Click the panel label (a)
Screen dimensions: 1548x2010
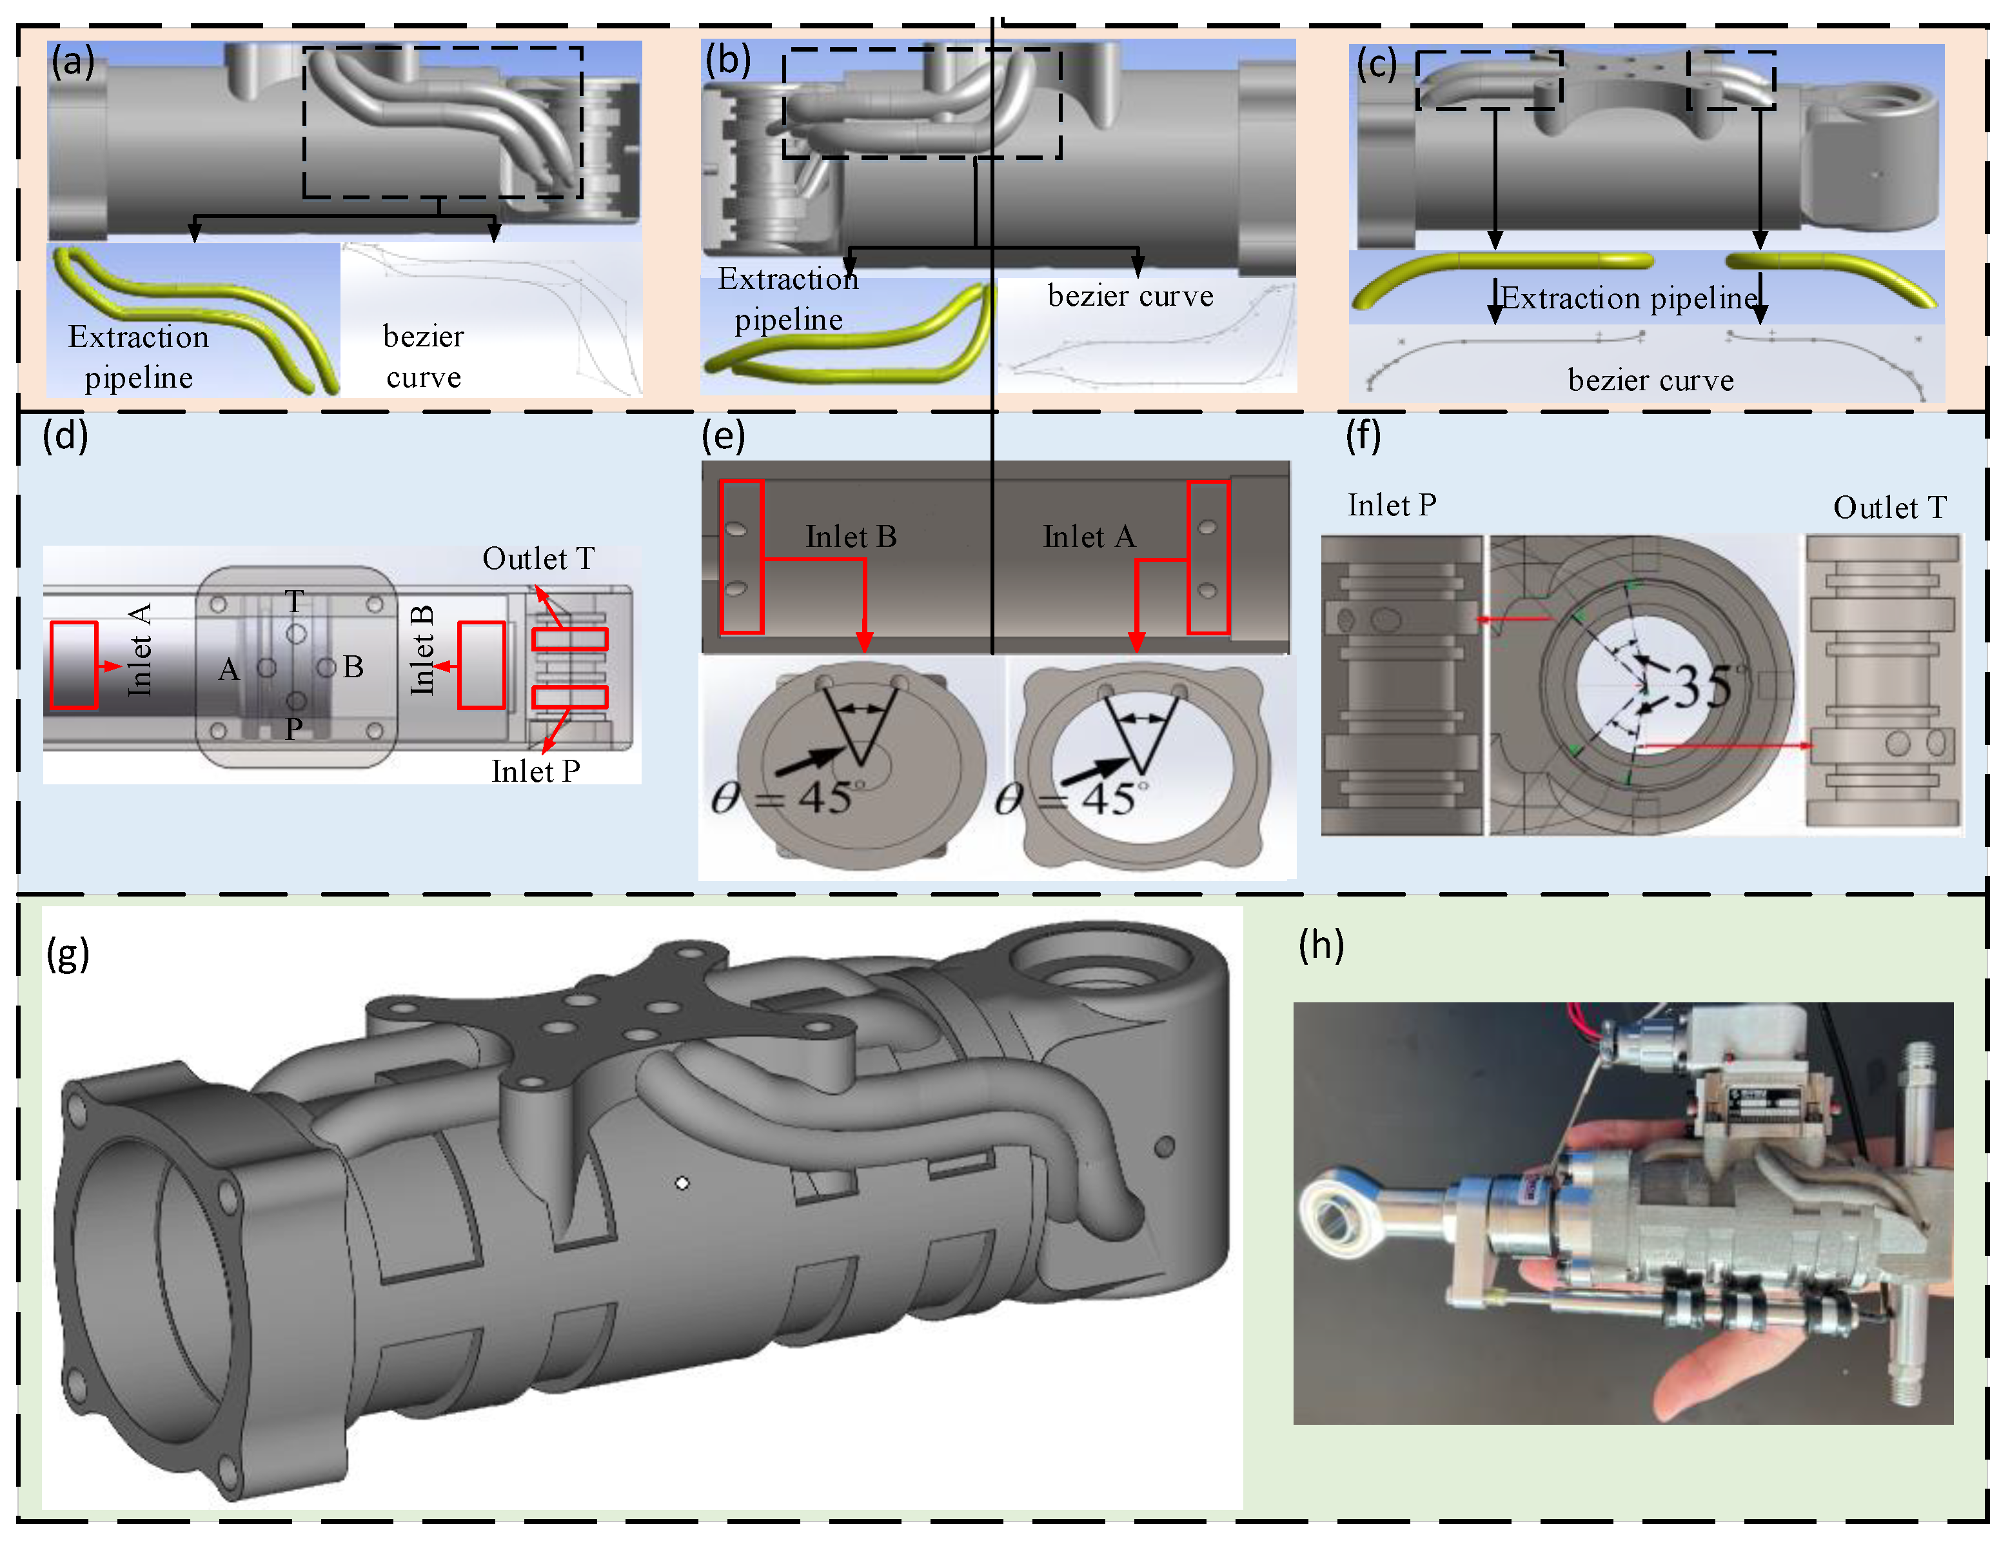pos(72,62)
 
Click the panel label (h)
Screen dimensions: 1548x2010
pos(1321,945)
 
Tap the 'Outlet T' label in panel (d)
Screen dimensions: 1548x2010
pos(538,559)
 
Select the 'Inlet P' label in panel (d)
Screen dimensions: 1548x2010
pos(536,771)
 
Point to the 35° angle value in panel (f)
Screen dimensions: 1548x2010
pos(1706,686)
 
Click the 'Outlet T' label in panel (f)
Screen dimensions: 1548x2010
pos(1889,507)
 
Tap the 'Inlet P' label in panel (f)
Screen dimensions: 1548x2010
pos(1392,505)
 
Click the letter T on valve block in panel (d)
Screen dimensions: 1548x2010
pos(293,602)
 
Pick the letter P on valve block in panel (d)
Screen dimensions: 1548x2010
pos(293,729)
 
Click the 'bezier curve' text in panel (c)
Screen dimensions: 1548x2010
pos(1650,380)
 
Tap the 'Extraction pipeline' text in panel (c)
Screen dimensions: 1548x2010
pos(1629,298)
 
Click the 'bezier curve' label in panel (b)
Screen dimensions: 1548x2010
pos(1130,296)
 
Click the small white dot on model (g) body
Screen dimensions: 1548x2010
pos(682,1184)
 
